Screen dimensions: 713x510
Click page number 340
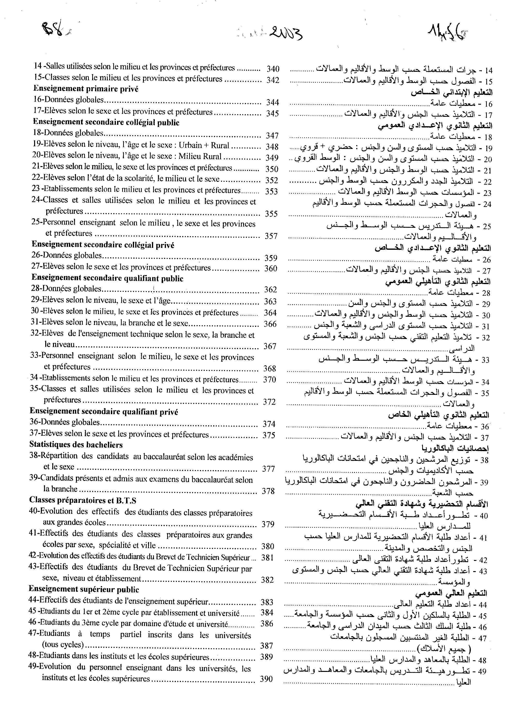click(273, 69)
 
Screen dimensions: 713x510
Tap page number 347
click(272, 136)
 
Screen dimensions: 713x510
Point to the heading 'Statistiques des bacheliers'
click(76, 445)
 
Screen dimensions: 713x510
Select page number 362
click(270, 289)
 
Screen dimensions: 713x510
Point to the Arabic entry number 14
click(489, 70)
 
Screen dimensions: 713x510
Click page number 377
click(269, 469)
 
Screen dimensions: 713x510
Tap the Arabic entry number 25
click(487, 226)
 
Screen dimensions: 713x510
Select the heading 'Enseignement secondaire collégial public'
click(106, 122)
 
